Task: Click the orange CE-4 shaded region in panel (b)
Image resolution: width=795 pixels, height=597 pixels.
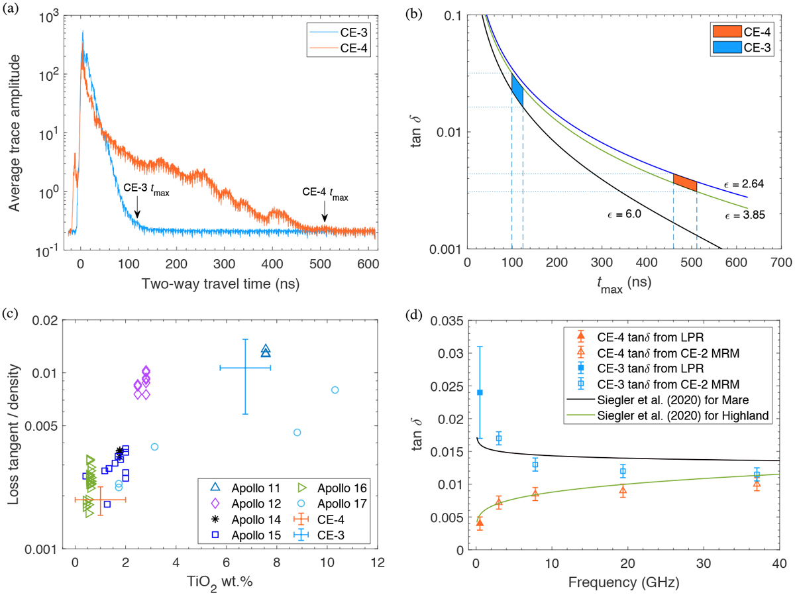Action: [x=685, y=182]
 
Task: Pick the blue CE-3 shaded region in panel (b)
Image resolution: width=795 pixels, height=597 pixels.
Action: [x=517, y=89]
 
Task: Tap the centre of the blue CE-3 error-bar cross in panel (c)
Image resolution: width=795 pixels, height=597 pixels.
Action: [x=245, y=367]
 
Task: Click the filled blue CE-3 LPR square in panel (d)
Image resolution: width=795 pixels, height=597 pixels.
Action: [x=480, y=392]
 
